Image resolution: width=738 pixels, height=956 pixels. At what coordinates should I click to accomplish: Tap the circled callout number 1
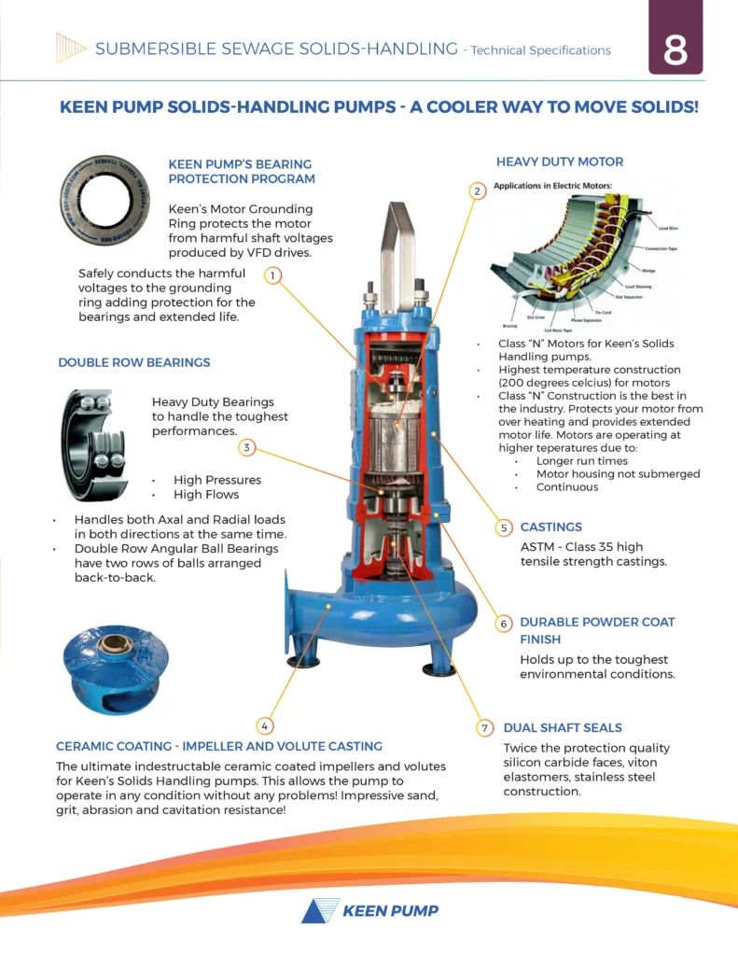tap(272, 275)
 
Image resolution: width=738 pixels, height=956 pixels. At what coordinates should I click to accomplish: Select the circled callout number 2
tap(477, 191)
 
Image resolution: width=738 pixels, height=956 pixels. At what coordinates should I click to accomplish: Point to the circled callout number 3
tap(246, 447)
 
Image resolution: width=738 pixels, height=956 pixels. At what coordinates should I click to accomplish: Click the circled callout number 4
tap(265, 725)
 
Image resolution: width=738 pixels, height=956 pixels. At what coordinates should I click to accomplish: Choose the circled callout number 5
tap(503, 527)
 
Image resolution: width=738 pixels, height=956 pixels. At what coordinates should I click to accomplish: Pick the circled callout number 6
tap(503, 623)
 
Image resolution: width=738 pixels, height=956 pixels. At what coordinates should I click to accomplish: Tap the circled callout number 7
tap(484, 727)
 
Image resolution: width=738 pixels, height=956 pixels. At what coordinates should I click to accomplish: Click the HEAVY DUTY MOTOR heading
tap(559, 162)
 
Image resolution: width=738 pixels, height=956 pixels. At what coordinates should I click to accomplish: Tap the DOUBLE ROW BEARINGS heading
tap(134, 362)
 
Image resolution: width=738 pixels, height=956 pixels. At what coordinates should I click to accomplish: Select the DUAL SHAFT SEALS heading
tap(562, 727)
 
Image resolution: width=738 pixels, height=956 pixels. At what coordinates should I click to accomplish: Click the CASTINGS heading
tap(550, 527)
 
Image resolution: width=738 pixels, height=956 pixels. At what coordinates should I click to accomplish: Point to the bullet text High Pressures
tap(216, 480)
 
